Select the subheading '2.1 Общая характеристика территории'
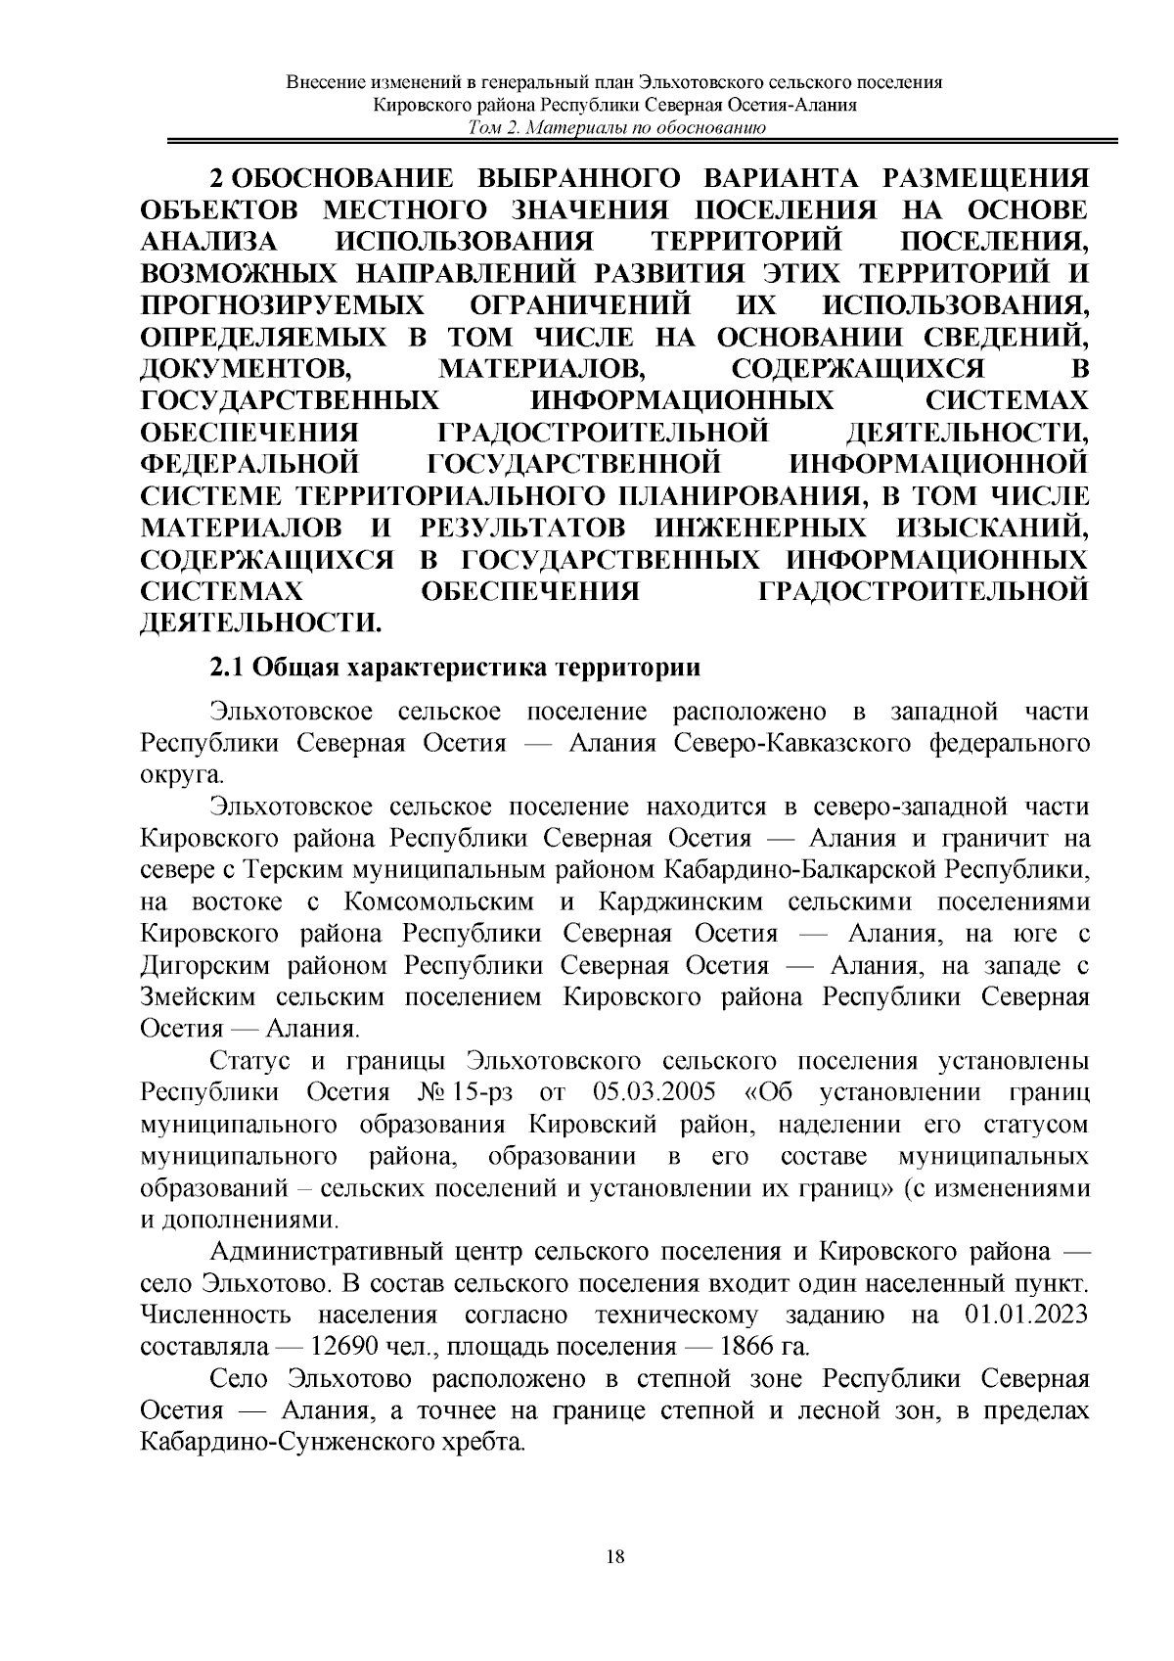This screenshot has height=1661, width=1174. pyautogui.click(x=456, y=669)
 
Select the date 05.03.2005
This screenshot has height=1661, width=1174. pyautogui.click(x=655, y=1091)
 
